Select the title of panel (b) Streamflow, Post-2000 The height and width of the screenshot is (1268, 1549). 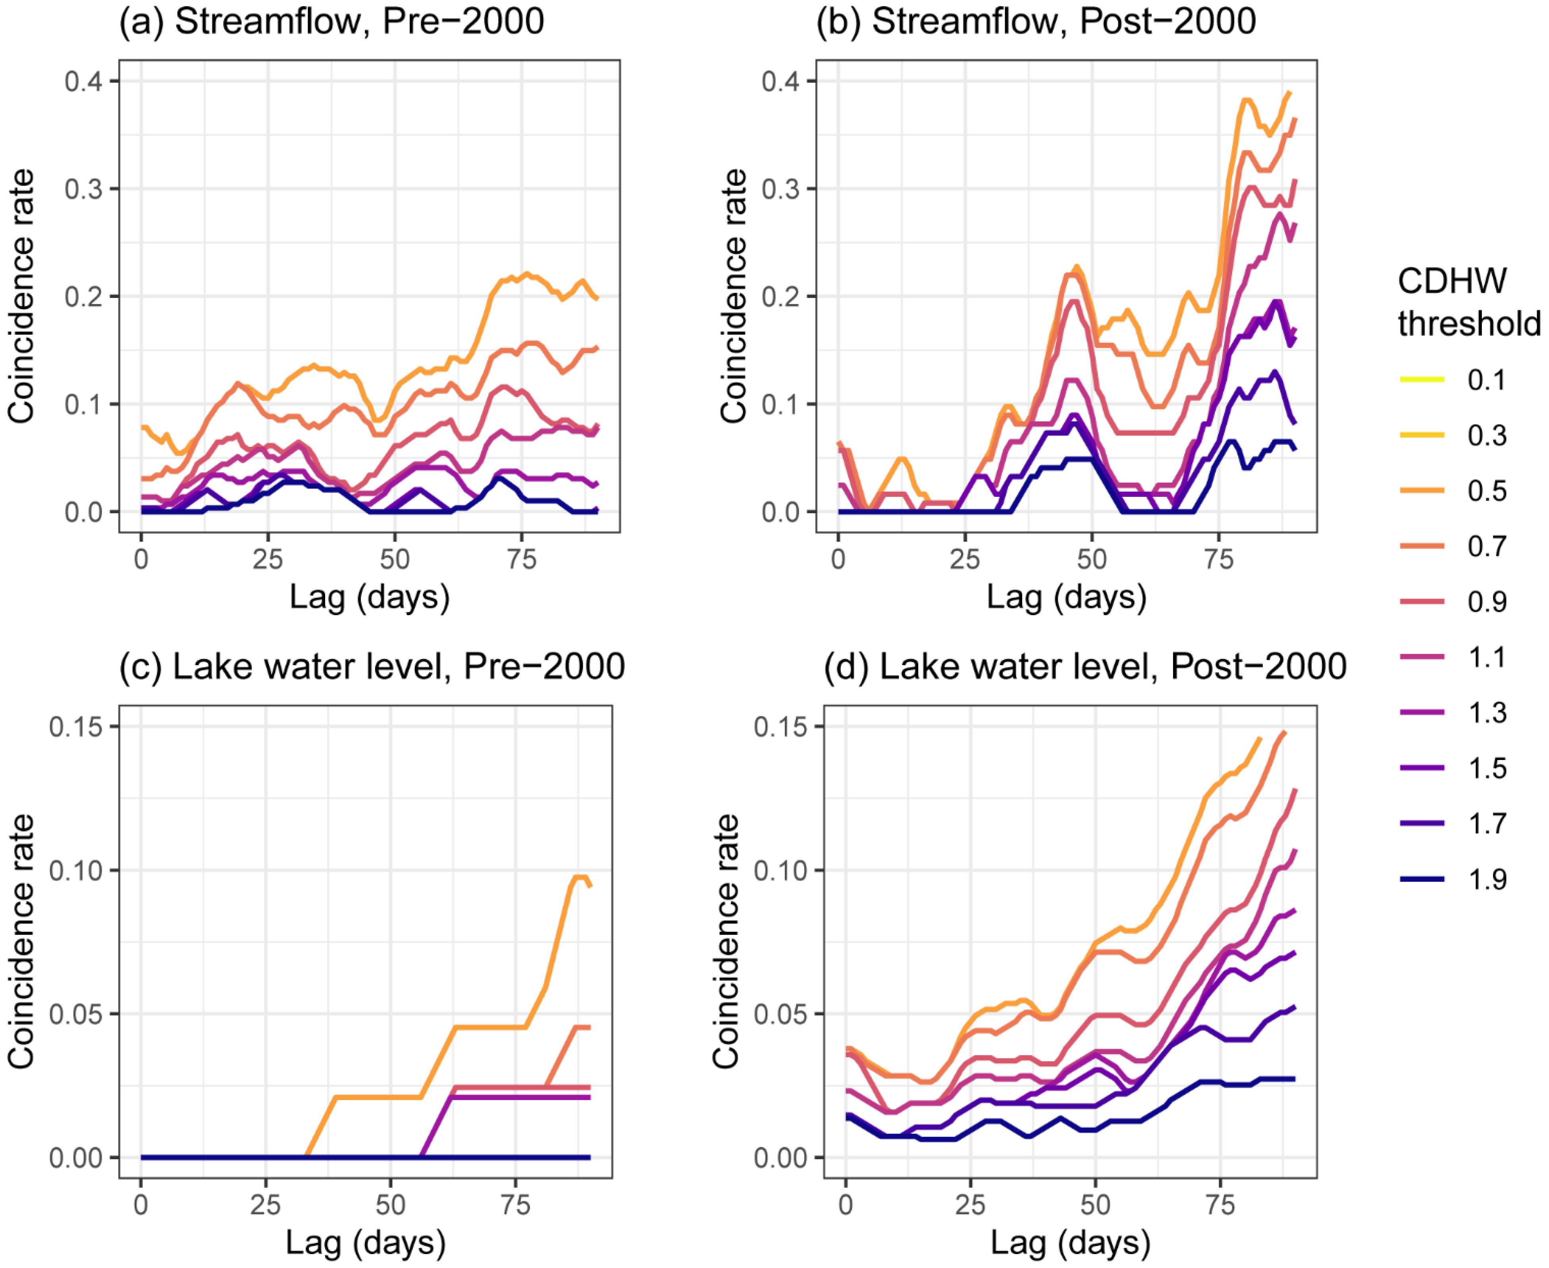pyautogui.click(x=1035, y=21)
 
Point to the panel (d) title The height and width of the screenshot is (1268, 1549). pyautogui.click(x=1085, y=666)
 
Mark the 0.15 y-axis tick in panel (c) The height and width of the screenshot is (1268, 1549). pyautogui.click(x=76, y=727)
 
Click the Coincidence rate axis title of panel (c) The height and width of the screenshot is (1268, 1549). pyautogui.click(x=21, y=942)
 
